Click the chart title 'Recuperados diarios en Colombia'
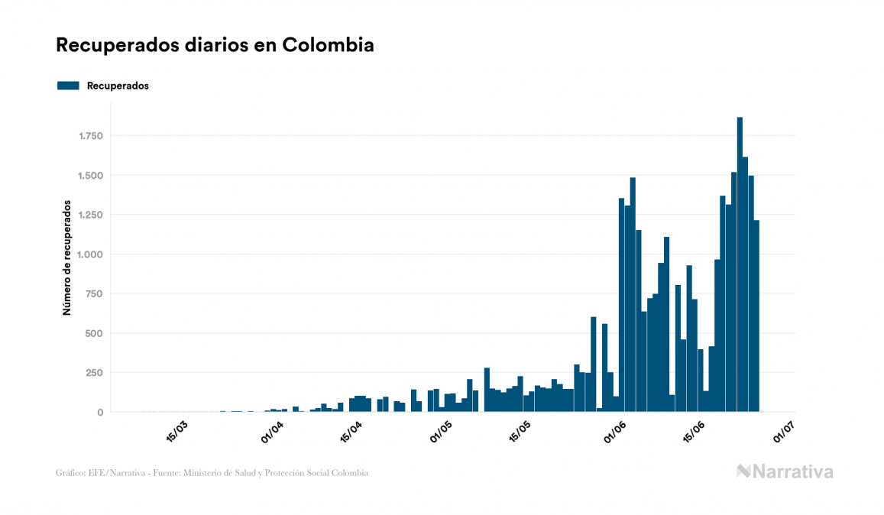pyautogui.click(x=215, y=45)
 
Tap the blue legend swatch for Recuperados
pyautogui.click(x=68, y=86)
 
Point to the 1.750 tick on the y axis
pyautogui.click(x=89, y=136)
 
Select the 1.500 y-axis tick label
pyautogui.click(x=89, y=176)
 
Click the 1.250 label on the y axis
pyautogui.click(x=89, y=215)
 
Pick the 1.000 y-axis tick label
pyautogui.click(x=89, y=254)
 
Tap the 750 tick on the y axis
pyautogui.click(x=94, y=294)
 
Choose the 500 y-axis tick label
pyautogui.click(x=94, y=333)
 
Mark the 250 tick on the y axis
pyautogui.click(x=94, y=373)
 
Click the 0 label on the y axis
pyautogui.click(x=99, y=413)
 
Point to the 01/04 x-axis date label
pyautogui.click(x=273, y=432)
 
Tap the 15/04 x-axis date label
pyautogui.click(x=351, y=432)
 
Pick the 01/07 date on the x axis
pyautogui.click(x=784, y=432)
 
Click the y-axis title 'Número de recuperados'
pyautogui.click(x=67, y=258)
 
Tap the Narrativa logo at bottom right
pyautogui.click(x=785, y=471)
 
